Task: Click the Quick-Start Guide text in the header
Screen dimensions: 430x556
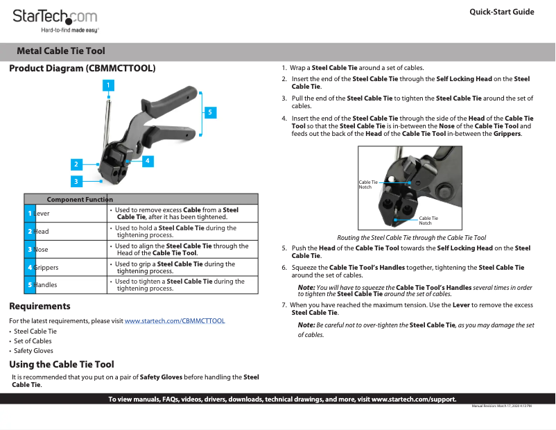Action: coord(501,12)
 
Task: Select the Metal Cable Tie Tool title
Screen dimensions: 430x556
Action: coord(61,51)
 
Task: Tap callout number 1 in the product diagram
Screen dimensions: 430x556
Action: coord(107,85)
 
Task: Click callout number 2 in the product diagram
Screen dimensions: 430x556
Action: coord(76,164)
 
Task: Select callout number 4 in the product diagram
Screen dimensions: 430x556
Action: coord(148,160)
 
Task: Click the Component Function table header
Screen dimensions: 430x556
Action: coord(80,200)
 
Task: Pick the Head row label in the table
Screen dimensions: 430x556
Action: coord(42,232)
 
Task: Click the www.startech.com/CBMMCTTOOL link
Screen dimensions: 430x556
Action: coord(175,321)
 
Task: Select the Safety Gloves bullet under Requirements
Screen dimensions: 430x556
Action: coord(33,351)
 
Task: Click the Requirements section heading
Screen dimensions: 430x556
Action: coord(40,307)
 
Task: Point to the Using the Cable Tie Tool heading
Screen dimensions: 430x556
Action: coord(62,365)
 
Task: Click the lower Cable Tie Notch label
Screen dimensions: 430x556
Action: coord(428,221)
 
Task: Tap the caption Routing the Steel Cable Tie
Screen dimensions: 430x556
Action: coord(411,238)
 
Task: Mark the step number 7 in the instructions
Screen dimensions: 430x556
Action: coord(284,305)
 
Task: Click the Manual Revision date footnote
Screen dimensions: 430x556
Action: coord(501,406)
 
